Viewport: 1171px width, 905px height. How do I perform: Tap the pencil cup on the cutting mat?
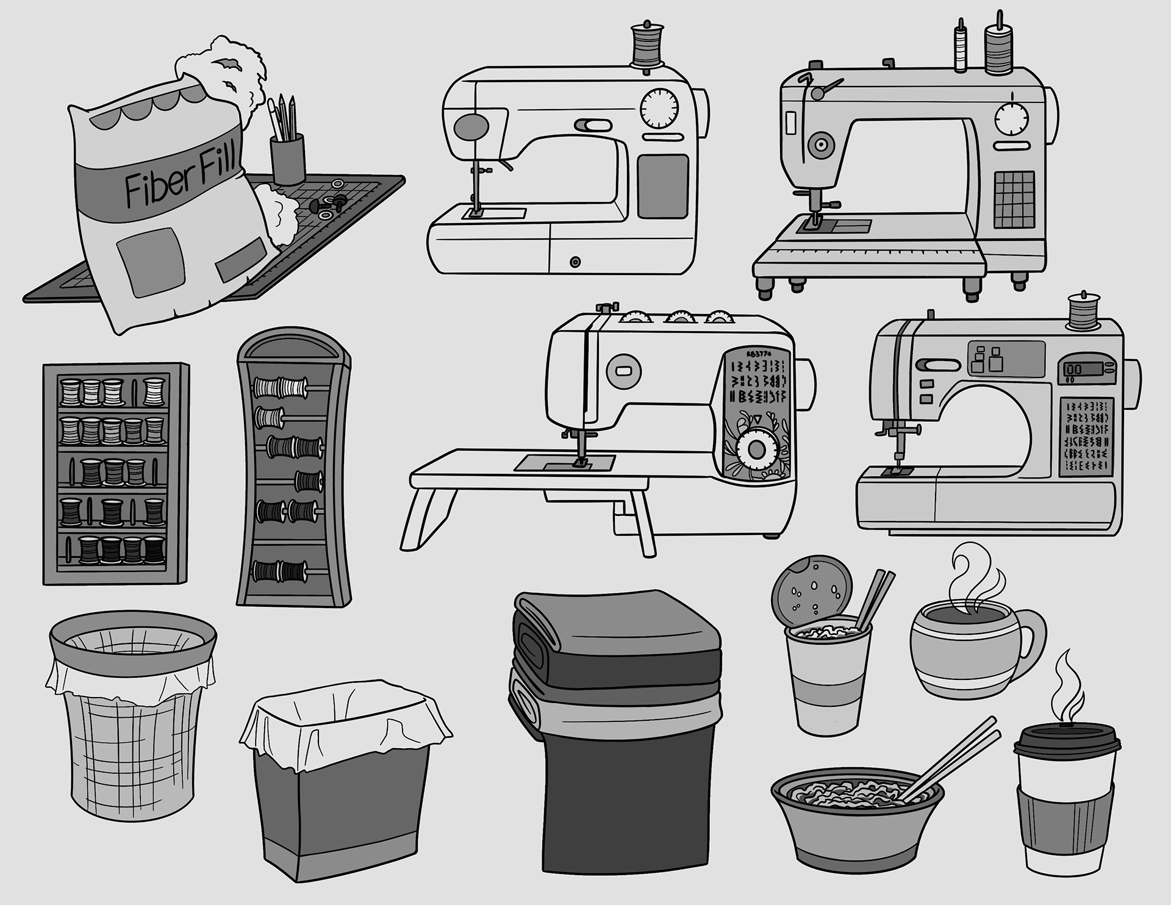(287, 159)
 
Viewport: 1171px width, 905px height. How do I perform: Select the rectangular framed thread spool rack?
(115, 474)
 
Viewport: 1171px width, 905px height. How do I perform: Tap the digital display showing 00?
(1075, 370)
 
